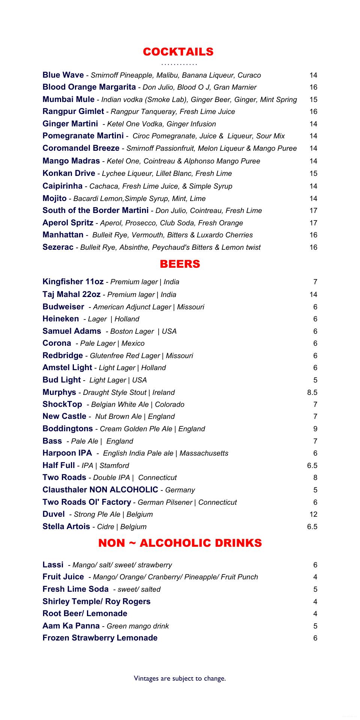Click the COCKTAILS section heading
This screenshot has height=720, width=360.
coord(178,52)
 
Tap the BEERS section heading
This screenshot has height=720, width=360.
coord(180,264)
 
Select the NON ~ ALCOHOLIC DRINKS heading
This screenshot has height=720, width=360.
coord(180,543)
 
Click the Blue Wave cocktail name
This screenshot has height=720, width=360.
coord(63,75)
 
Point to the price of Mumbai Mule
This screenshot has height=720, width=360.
coord(313,100)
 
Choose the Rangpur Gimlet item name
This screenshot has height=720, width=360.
coord(73,111)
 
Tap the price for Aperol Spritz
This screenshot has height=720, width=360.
coord(313,223)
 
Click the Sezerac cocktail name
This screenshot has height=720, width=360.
coord(58,247)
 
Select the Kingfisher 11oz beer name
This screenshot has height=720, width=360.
coord(73,282)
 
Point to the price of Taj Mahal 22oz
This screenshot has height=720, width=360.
coord(313,295)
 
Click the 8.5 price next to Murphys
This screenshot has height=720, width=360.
coord(312,393)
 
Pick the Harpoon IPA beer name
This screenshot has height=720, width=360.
coord(67,453)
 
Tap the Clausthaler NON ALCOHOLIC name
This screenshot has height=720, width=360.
coord(100,490)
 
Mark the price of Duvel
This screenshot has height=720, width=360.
coord(313,514)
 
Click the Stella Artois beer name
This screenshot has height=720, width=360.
coord(66,526)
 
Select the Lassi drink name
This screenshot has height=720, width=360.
coord(53,565)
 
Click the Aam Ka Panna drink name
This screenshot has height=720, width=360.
coord(71,626)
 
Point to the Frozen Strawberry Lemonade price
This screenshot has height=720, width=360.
coord(315,638)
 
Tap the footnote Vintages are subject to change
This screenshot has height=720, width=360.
coord(180,678)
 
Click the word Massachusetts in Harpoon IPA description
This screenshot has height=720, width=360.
coord(204,453)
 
